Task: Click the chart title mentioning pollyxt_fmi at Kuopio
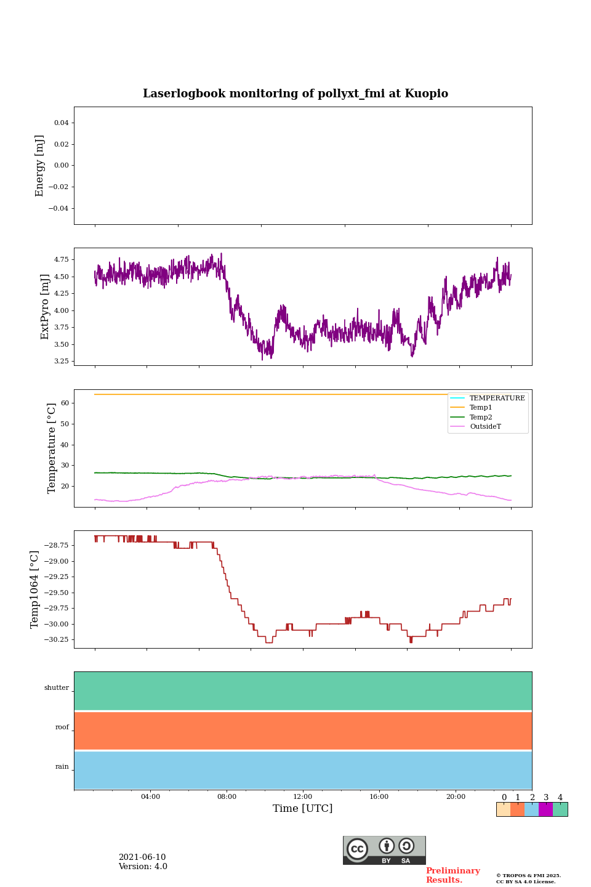(x=295, y=94)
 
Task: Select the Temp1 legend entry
(x=481, y=408)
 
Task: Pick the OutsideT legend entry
(x=485, y=427)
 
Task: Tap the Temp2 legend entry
(x=481, y=417)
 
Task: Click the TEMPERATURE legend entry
(x=497, y=399)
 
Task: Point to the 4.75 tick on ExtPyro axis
(x=61, y=260)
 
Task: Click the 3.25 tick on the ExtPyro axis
(x=61, y=361)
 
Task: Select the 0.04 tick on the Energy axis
(x=61, y=123)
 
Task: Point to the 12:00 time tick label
(x=303, y=797)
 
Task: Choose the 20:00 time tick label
(x=456, y=797)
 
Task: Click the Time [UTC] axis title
(x=303, y=809)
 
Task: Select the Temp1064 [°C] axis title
(x=35, y=589)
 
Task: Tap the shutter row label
(x=57, y=688)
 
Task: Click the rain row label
(x=62, y=767)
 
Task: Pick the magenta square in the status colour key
(x=545, y=809)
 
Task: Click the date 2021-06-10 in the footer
(x=142, y=857)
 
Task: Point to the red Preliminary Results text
(x=452, y=875)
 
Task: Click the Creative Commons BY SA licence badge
(x=384, y=850)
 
